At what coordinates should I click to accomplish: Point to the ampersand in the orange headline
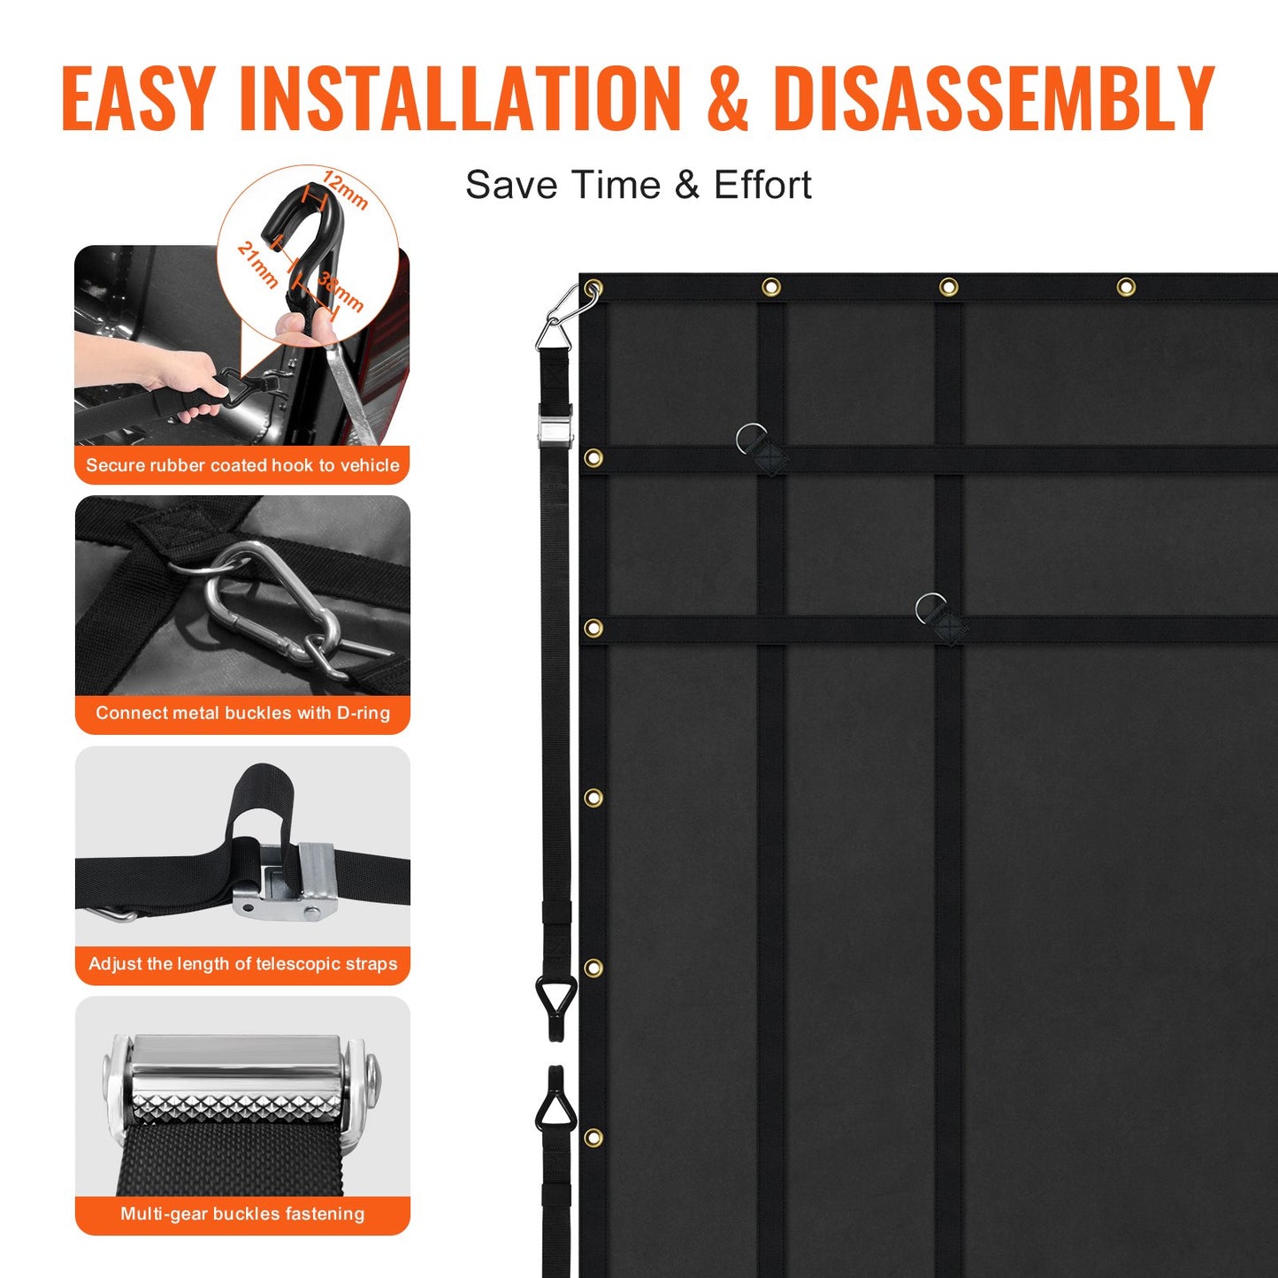point(727,99)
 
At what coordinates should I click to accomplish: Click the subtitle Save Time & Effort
point(638,186)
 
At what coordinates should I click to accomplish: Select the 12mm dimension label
point(345,189)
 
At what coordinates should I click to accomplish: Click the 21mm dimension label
point(257,264)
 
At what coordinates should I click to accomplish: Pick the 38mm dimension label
point(341,293)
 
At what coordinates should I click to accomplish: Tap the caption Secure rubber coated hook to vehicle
point(242,465)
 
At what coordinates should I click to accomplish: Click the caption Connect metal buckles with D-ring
point(242,713)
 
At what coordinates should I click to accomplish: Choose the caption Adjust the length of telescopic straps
point(242,964)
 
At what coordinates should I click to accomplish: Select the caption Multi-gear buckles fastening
point(242,1214)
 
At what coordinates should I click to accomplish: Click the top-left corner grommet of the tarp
point(593,287)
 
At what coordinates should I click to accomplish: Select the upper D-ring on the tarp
point(753,440)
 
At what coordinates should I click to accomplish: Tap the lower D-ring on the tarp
point(931,608)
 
